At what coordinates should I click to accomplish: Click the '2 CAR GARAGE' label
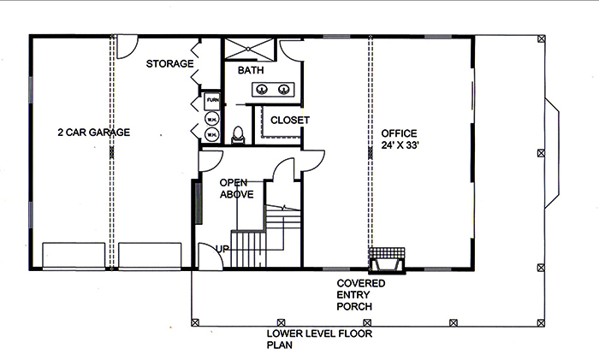click(93, 132)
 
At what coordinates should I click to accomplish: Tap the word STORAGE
click(169, 63)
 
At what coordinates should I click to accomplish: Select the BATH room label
click(251, 69)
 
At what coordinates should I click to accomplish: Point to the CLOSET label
click(289, 120)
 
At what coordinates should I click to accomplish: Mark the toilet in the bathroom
click(239, 134)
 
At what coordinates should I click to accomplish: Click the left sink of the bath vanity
click(264, 89)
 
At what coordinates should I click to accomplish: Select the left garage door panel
click(73, 255)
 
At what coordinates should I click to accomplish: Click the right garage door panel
click(150, 255)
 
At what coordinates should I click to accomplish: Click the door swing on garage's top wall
click(127, 45)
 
